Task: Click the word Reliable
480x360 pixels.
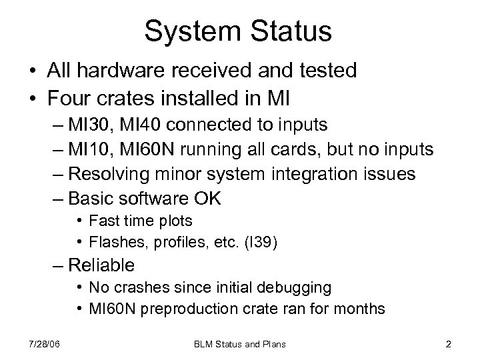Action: coord(102,266)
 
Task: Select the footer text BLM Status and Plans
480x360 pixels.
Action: coord(239,344)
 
